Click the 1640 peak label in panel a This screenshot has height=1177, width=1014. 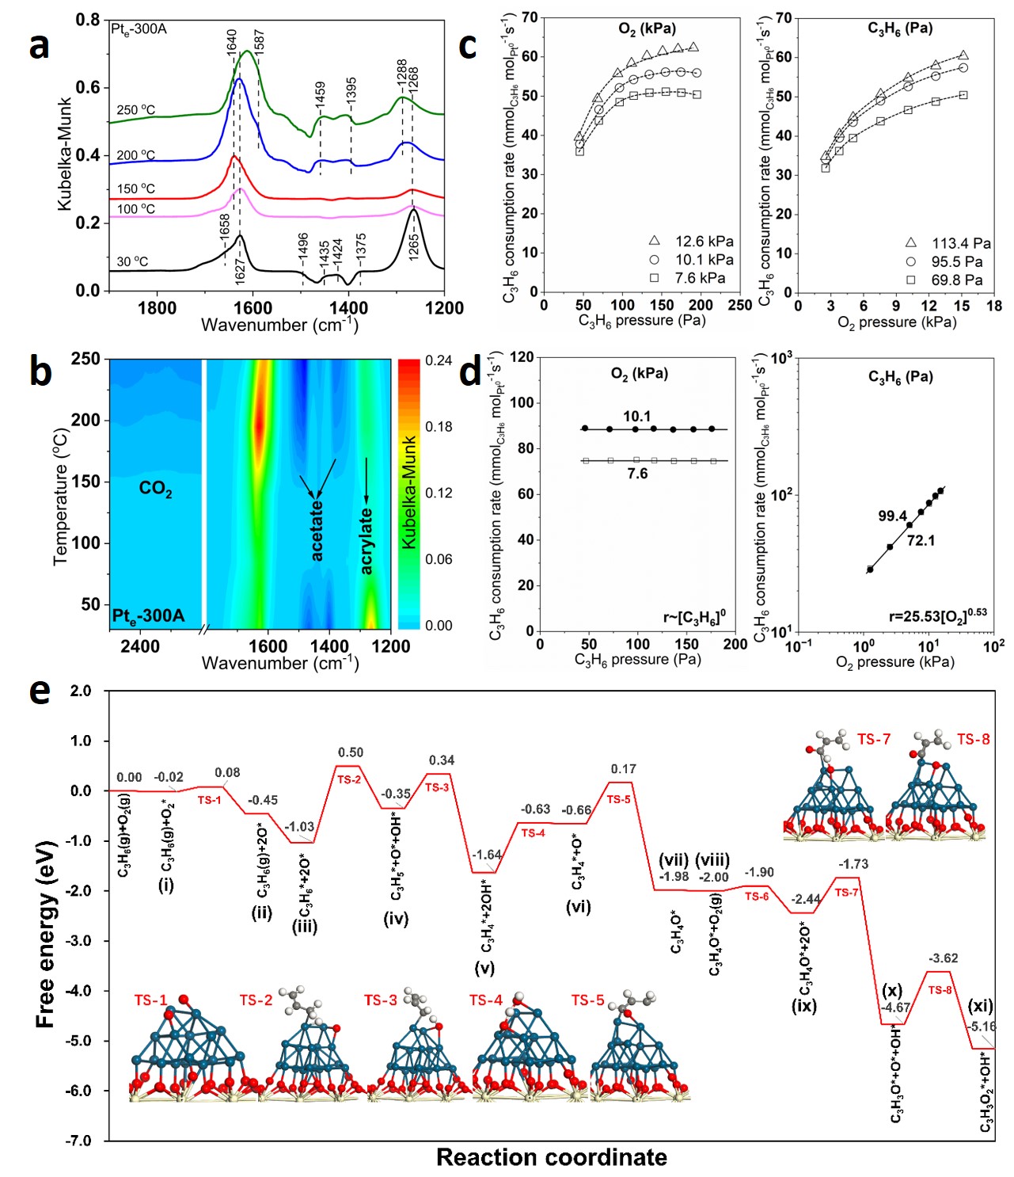(x=232, y=41)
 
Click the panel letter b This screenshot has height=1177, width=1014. (x=40, y=371)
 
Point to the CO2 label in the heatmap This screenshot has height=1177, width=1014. (x=155, y=489)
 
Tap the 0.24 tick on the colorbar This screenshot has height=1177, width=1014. (x=439, y=360)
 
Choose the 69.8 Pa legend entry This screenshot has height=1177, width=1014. (x=947, y=280)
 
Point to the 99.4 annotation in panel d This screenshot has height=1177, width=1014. (x=892, y=516)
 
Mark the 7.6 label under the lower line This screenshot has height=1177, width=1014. (x=637, y=474)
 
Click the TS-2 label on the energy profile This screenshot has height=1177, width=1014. (x=349, y=779)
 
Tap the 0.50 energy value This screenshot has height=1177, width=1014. (x=351, y=752)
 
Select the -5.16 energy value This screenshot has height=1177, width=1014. (x=983, y=1027)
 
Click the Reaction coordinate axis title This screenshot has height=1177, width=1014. (x=552, y=1157)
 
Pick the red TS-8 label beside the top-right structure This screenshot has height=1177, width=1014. (x=973, y=739)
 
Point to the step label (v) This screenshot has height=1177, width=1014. (x=484, y=968)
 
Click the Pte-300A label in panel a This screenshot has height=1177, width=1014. (x=139, y=29)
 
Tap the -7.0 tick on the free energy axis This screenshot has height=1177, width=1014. (x=79, y=1141)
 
